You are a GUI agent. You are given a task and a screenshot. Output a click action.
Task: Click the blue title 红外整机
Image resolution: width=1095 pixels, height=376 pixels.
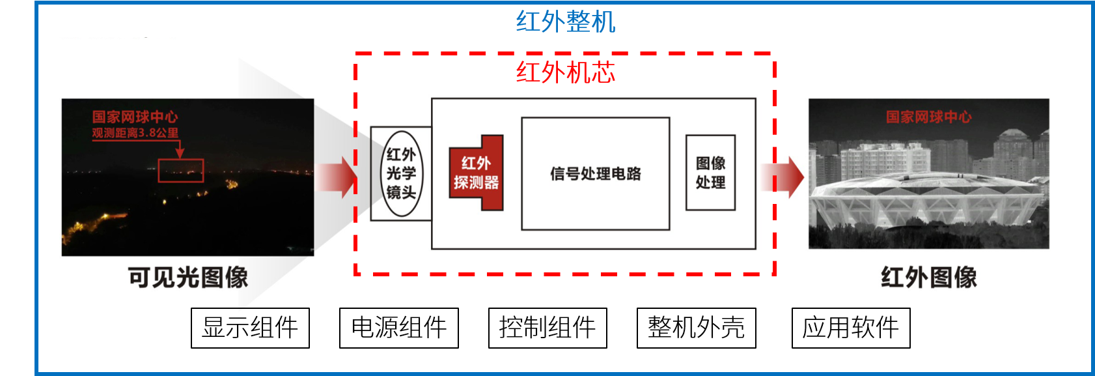tap(565, 22)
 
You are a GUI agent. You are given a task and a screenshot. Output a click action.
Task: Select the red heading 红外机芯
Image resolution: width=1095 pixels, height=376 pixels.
tap(565, 72)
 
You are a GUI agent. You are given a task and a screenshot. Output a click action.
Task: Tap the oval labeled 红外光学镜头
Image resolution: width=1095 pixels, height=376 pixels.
tap(401, 173)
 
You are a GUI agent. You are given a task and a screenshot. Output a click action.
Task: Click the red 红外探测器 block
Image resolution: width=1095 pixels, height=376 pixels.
tap(477, 173)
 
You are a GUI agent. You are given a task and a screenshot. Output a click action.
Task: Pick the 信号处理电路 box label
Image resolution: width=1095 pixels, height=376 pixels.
tap(595, 174)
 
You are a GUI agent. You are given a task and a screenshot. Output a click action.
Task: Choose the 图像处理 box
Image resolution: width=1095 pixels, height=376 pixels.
tap(710, 173)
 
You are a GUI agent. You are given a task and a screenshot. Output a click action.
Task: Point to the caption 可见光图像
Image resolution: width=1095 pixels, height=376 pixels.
tap(187, 277)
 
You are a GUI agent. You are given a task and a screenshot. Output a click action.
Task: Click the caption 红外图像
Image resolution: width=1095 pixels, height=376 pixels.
tap(928, 277)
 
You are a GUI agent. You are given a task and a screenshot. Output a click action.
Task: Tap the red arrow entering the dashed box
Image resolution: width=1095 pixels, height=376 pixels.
tap(339, 176)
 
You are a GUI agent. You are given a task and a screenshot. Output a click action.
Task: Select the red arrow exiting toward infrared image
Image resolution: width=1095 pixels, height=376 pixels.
tap(785, 177)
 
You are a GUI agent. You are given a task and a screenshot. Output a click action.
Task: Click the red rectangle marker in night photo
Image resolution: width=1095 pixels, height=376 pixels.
tap(181, 171)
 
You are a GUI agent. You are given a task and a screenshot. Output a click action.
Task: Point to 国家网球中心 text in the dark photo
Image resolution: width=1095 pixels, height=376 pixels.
tap(135, 117)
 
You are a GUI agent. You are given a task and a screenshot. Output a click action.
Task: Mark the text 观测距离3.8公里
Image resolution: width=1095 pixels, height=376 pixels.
tap(135, 133)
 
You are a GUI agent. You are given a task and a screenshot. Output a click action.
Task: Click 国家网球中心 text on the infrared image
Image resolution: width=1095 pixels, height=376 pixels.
tap(928, 117)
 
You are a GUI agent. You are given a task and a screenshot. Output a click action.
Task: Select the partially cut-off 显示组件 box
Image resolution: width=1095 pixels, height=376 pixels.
tap(250, 319)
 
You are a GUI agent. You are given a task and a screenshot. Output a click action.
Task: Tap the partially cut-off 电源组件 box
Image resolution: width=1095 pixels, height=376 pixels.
tap(398, 319)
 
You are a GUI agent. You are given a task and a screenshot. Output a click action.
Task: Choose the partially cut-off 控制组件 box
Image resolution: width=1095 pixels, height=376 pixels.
tap(547, 319)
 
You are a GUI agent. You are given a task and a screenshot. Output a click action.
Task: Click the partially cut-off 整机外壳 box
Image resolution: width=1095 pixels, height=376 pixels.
tap(696, 319)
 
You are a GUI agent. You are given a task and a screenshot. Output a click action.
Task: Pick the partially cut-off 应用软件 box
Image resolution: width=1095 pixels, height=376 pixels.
tap(850, 319)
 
